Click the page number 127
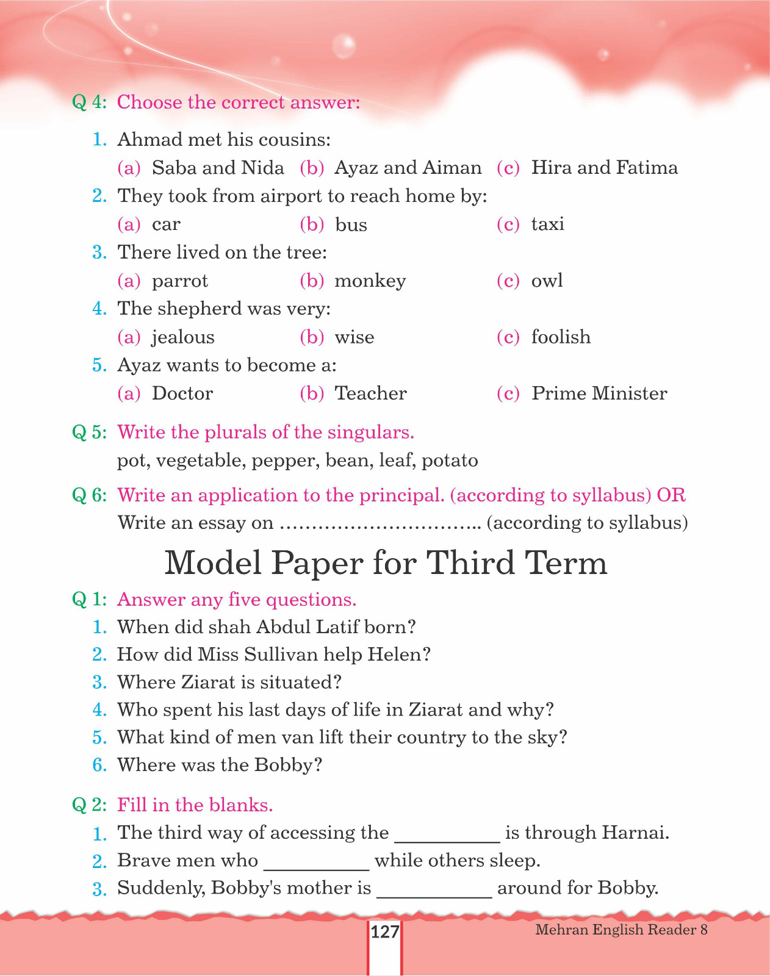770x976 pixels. point(385,931)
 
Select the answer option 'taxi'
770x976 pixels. point(547,224)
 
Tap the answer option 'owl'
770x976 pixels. point(547,281)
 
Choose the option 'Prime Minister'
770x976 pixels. point(599,393)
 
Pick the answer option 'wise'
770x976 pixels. point(354,337)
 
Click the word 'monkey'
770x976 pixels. point(370,281)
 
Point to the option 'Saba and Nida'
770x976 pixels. point(218,168)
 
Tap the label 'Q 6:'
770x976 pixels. point(89,495)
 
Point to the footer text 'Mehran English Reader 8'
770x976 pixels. point(621,929)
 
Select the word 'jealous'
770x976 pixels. point(183,337)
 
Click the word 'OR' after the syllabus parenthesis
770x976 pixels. point(671,495)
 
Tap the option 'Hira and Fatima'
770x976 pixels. point(604,168)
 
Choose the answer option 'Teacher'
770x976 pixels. point(370,393)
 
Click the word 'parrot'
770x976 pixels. point(180,281)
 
